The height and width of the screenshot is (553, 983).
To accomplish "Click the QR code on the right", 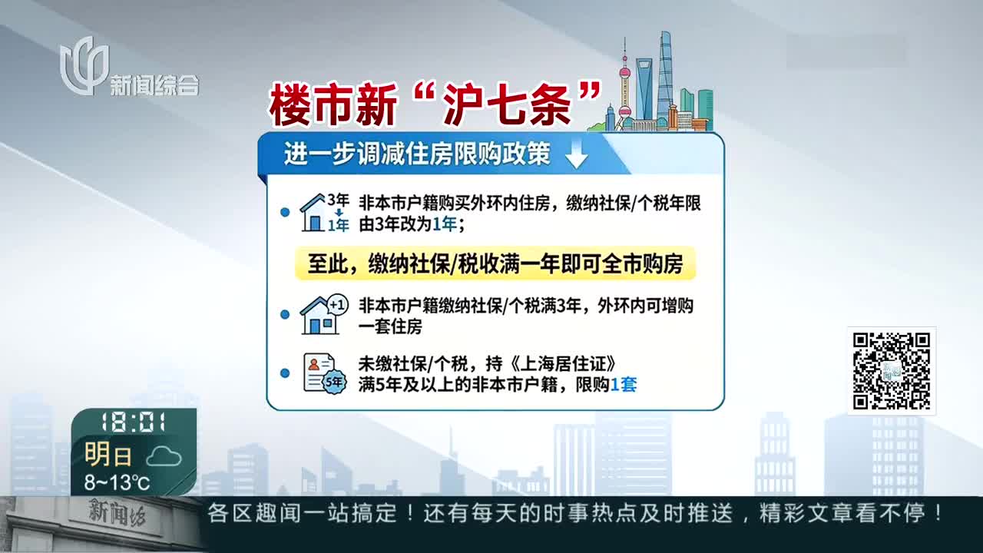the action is tap(892, 371).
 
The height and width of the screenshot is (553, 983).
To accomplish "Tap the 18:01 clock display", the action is tap(133, 422).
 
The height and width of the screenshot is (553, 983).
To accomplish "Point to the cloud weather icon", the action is tap(164, 457).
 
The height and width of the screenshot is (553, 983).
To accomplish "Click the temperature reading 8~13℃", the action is tap(117, 482).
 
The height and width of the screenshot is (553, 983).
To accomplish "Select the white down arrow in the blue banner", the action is tap(576, 154).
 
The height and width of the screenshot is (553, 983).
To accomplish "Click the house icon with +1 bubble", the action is tap(324, 314).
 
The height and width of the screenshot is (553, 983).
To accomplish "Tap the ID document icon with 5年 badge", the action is tap(325, 373).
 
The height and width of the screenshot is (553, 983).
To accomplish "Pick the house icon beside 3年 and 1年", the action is tap(312, 213).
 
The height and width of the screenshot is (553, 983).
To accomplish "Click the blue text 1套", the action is tap(624, 385).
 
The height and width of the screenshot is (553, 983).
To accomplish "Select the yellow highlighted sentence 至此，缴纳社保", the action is tap(495, 263).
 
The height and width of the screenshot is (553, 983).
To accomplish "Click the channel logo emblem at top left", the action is tap(84, 66).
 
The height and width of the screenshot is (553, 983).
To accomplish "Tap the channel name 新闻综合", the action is tap(154, 85).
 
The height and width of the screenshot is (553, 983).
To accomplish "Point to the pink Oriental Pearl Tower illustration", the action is tap(624, 85).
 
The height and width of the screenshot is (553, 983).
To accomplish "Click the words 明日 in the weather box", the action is tap(108, 454).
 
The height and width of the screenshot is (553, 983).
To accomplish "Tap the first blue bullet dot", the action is tap(285, 213).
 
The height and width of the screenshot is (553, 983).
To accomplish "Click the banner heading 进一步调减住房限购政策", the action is tap(417, 154).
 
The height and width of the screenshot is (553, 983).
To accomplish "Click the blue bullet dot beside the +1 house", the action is tap(285, 314).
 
